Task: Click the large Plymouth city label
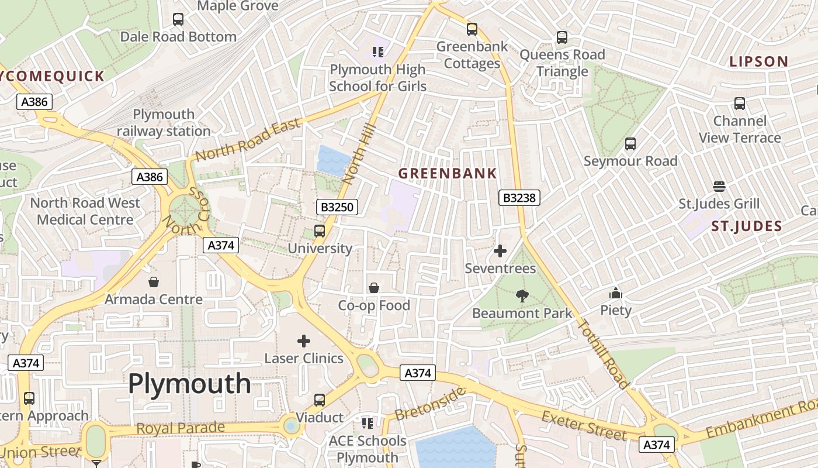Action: (189, 384)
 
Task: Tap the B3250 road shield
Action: (337, 207)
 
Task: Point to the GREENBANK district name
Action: (448, 173)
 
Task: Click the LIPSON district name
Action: (759, 61)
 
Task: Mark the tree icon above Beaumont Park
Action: (522, 296)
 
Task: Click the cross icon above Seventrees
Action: (500, 252)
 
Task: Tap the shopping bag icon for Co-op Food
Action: (374, 288)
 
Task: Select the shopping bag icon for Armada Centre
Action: (154, 282)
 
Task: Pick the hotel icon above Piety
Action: (616, 293)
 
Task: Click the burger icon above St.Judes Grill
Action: (719, 187)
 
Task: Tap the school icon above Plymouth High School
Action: (377, 52)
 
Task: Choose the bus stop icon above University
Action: (320, 231)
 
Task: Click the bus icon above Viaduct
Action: (320, 400)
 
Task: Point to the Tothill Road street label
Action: (603, 355)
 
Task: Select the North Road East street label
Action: (248, 140)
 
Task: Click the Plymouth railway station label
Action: (164, 122)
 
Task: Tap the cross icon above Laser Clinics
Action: (304, 340)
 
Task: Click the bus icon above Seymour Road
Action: (630, 144)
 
